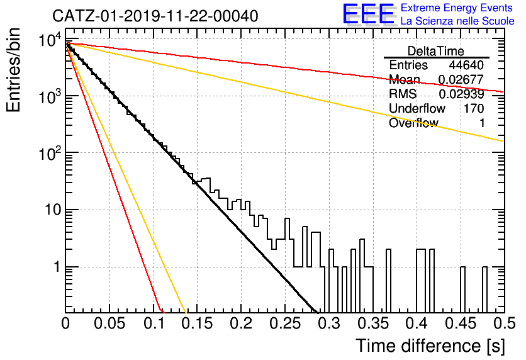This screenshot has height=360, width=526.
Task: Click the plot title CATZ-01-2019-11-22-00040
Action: coord(155,16)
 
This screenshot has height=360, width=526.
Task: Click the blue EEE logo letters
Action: coord(368,14)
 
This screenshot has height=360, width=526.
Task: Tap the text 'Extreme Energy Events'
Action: coord(457,8)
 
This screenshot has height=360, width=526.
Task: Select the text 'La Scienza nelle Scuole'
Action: coord(457,21)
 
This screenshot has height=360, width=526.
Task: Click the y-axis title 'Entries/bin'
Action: coord(13,70)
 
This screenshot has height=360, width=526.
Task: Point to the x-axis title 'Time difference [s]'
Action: coord(430,346)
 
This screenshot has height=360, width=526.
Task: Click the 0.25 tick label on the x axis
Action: coord(285,323)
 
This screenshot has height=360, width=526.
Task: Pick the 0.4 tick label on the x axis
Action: coord(417,323)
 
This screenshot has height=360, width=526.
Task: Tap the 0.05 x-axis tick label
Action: coord(109,323)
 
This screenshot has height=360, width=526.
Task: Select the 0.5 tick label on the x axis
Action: coord(504,323)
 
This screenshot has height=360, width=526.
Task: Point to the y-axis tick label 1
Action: coord(57,267)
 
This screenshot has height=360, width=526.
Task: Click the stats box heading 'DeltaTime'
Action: coord(436,51)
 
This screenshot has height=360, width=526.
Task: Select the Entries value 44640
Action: coord(466,65)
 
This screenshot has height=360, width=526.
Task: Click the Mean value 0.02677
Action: coord(461,79)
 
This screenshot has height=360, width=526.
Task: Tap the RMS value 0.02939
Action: coord(461,94)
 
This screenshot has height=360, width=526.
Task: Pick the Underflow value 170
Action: coord(474,108)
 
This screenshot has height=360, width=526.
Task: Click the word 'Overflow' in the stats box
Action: coord(413,123)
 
